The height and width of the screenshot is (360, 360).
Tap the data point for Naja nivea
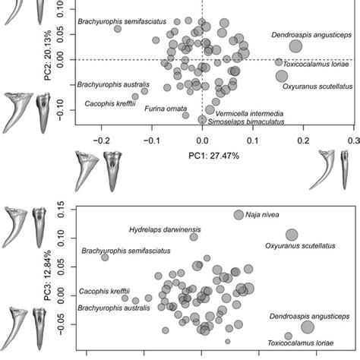pyautogui.click(x=238, y=215)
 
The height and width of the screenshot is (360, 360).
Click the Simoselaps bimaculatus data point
pyautogui.click(x=202, y=119)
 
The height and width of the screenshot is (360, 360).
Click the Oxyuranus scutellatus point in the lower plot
pyautogui.click(x=292, y=235)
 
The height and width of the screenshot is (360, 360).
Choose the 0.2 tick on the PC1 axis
pyautogui.click(x=303, y=141)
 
